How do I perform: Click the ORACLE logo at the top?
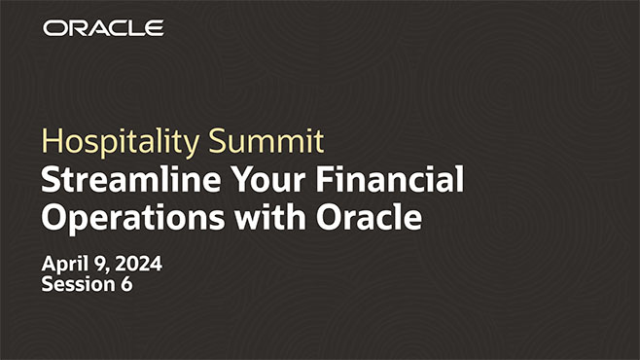(103, 27)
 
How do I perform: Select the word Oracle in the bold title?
(369, 218)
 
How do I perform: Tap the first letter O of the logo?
(53, 27)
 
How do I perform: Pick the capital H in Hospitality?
(50, 142)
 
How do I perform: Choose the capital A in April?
(50, 265)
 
